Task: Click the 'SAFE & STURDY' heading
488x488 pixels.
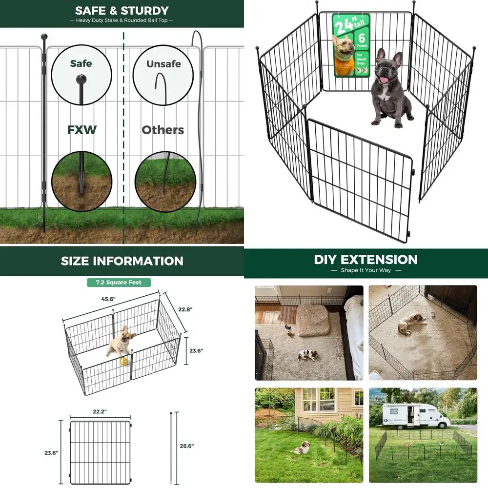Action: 122,11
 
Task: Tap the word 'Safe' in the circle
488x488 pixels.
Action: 81,63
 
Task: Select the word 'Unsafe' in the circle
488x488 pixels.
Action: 163,64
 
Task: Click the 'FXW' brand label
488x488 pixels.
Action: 81,130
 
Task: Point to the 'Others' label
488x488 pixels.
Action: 163,130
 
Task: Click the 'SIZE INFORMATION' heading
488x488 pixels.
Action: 122,261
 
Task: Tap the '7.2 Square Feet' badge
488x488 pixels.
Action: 119,283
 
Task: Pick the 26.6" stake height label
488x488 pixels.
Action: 186,446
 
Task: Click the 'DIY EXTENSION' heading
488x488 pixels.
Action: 366,259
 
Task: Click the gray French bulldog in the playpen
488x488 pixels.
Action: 389,88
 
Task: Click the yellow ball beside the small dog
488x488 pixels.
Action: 124,361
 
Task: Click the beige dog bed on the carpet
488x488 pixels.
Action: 314,320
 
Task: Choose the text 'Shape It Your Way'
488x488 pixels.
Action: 366,270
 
